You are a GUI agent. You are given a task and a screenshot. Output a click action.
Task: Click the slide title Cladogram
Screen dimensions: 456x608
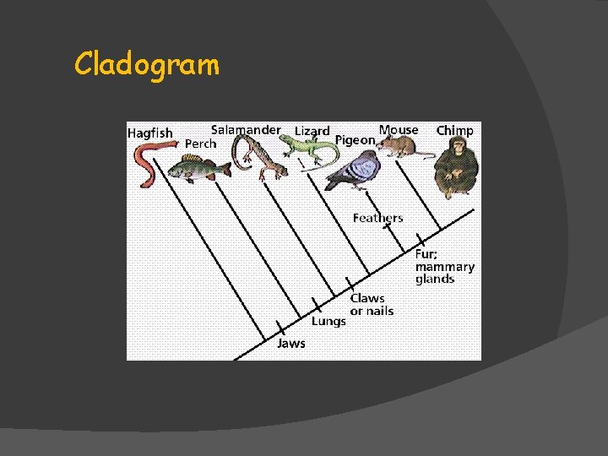point(146,64)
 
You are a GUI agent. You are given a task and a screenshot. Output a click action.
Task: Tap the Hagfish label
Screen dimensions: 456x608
point(149,133)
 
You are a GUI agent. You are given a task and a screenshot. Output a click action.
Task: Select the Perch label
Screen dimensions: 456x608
point(201,144)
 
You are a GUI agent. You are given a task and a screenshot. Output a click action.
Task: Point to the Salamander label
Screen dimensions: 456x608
point(246,130)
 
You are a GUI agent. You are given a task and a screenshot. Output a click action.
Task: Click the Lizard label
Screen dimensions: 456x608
point(312,131)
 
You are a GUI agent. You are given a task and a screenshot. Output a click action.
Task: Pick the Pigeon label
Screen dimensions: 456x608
point(355,140)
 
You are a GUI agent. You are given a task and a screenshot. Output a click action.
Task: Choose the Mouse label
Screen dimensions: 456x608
point(399,130)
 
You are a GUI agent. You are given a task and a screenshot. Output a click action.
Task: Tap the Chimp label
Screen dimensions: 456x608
point(454,130)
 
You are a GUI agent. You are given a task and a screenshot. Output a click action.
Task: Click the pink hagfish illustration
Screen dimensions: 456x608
point(148,160)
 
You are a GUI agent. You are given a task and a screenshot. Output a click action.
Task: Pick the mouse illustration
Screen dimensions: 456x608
point(401,148)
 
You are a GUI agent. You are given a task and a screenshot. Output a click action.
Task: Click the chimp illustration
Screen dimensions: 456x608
point(456,169)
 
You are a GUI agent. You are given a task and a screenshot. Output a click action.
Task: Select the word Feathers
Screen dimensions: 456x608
point(377,218)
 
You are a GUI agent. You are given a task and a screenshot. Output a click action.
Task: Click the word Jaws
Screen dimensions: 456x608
point(291,344)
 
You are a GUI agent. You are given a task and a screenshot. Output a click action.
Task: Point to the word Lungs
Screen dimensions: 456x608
point(328,321)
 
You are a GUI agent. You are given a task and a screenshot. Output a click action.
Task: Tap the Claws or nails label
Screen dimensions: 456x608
point(372,304)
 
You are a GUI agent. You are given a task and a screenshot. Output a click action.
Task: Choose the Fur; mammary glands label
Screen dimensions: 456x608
point(444,266)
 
